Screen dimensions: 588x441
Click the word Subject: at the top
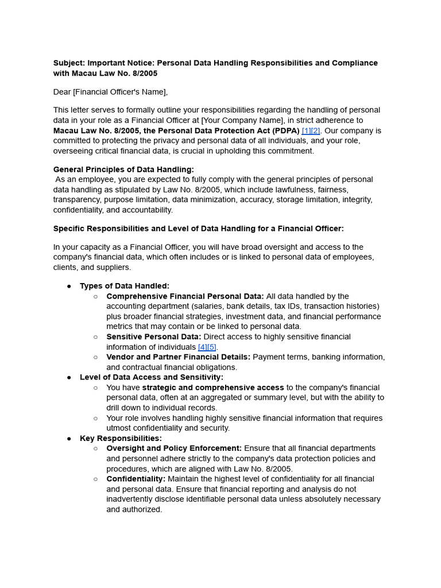click(69, 63)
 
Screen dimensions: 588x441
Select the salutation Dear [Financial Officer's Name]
click(110, 92)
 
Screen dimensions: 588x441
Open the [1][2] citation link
click(311, 131)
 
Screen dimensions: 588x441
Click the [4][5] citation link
click(207, 347)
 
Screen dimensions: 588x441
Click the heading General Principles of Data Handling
click(123, 169)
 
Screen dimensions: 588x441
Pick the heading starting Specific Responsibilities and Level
click(198, 229)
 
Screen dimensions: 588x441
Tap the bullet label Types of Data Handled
click(125, 286)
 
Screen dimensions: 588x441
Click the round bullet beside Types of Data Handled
click(69, 286)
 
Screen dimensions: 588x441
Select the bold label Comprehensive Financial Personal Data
click(185, 296)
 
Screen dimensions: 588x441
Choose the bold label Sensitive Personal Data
click(153, 337)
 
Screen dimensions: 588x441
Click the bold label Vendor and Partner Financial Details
click(178, 357)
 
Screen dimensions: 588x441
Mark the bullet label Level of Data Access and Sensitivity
click(152, 377)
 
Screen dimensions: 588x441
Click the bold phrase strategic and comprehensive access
click(212, 388)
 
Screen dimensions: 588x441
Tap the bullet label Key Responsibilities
click(121, 439)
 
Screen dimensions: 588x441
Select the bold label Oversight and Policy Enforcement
click(174, 448)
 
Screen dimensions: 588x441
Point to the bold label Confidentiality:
click(136, 479)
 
